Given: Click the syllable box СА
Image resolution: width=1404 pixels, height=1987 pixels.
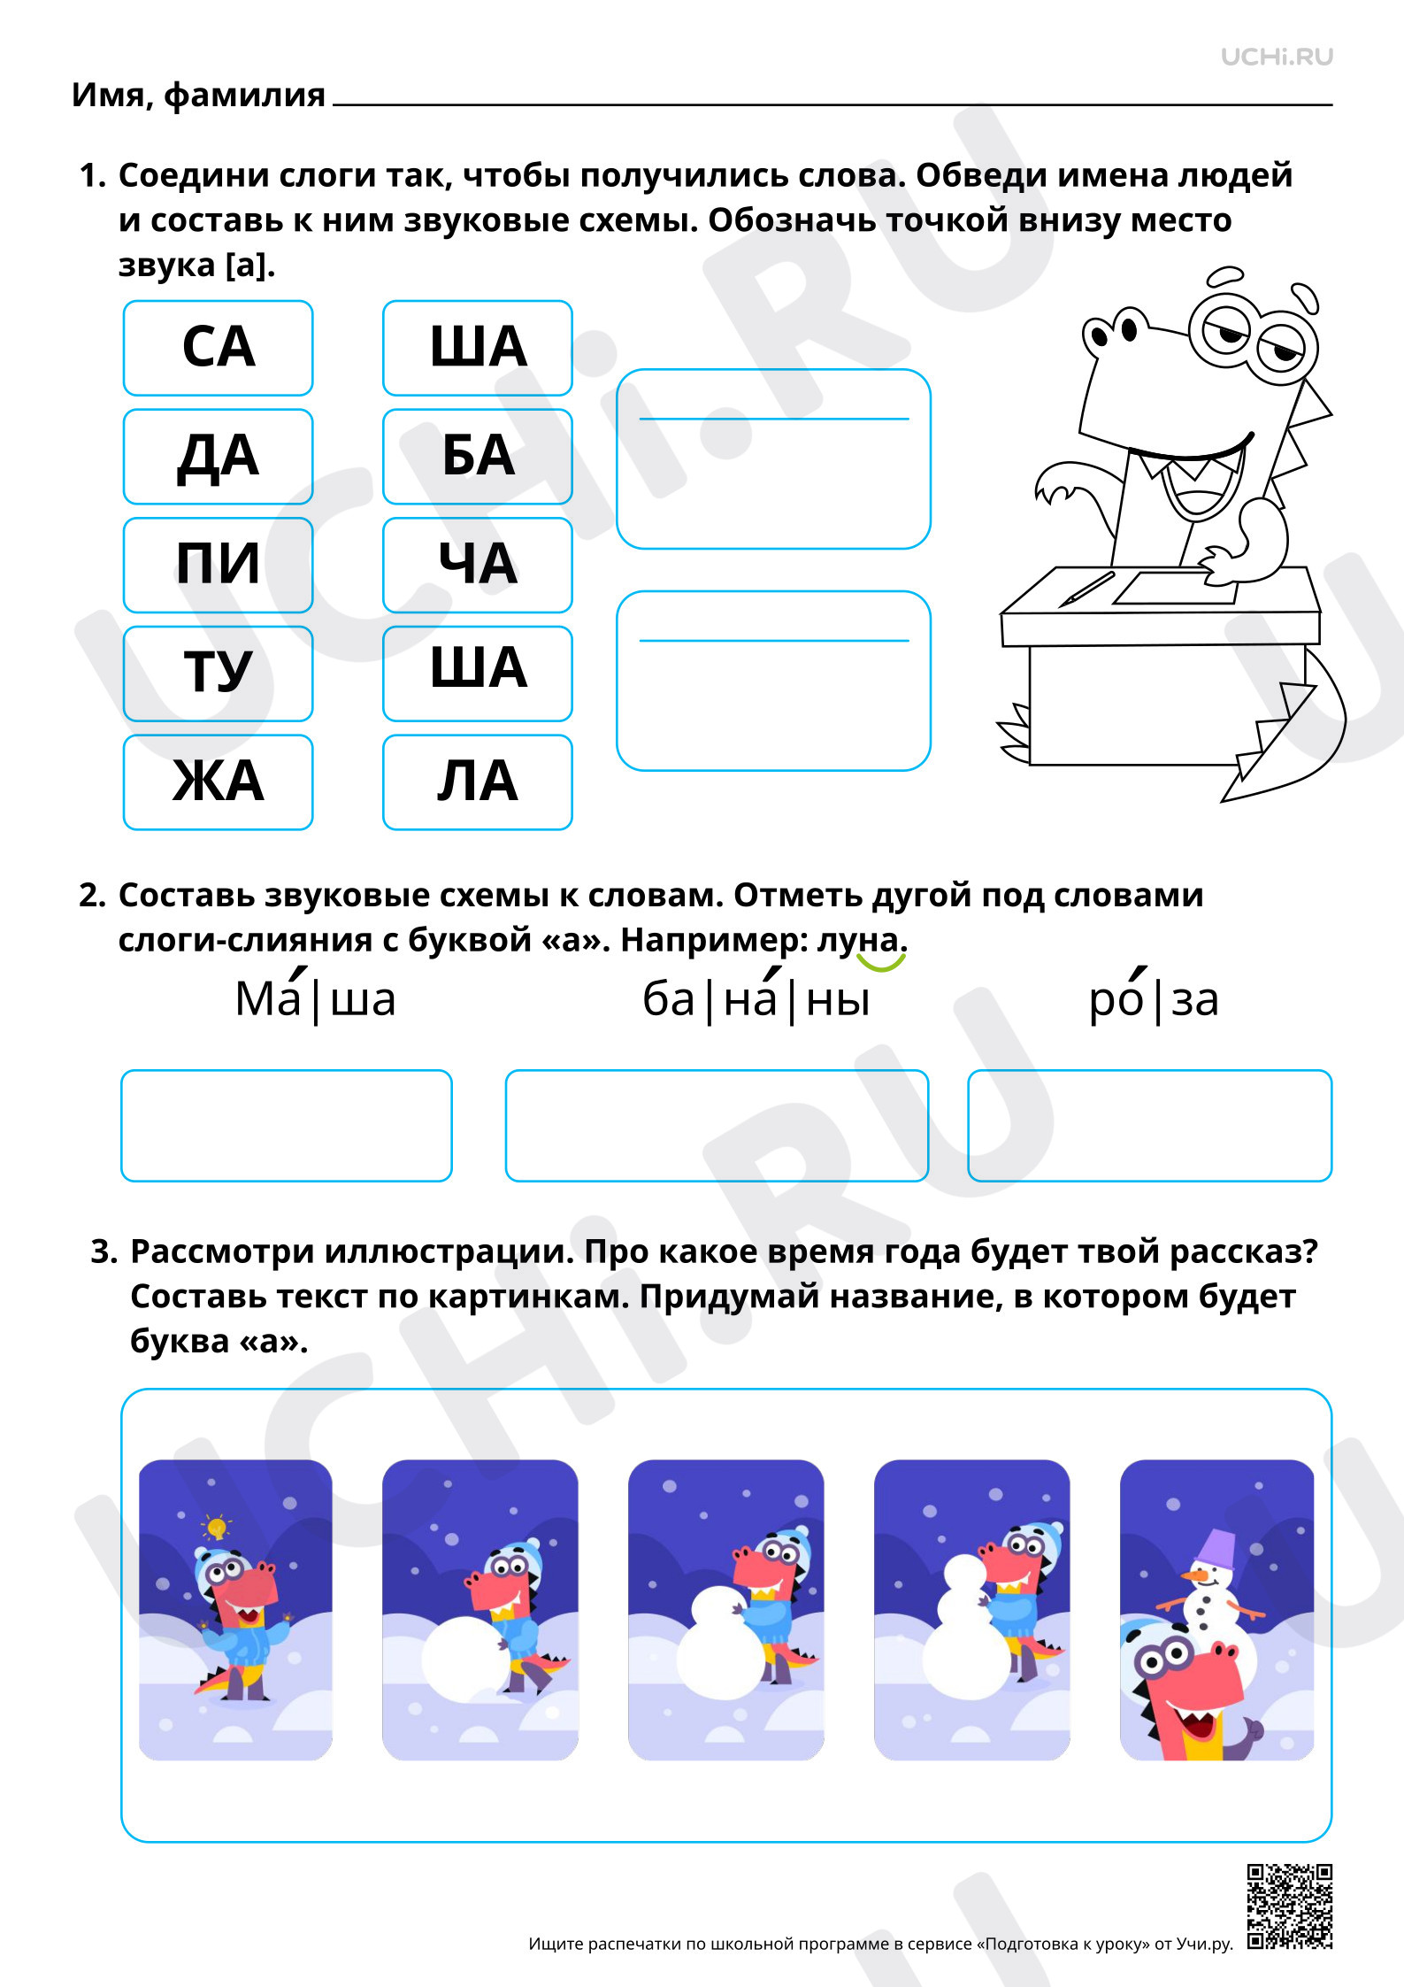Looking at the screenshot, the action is (219, 348).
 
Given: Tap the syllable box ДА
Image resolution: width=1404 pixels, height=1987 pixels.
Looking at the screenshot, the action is (219, 457).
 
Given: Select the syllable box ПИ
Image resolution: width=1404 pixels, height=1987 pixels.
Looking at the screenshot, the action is (219, 565).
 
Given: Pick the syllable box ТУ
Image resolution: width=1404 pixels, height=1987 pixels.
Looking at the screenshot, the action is (219, 674).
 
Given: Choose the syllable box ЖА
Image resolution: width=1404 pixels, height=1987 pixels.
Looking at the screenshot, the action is (219, 782).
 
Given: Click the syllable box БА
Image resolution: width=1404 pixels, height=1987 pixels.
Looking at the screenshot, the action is (478, 457).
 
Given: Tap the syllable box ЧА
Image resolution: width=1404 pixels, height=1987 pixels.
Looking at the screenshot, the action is (478, 565).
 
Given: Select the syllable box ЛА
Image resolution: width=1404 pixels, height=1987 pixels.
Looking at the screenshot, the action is (478, 782).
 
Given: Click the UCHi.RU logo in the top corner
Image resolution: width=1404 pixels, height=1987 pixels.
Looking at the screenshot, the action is (1277, 58).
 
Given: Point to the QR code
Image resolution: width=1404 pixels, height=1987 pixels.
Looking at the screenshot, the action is (1289, 1906).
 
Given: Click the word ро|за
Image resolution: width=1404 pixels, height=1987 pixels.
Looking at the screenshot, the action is (1154, 997).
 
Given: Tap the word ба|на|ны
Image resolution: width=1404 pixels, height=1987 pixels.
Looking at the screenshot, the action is (756, 997).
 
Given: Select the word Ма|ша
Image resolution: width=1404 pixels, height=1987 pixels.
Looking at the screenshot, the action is (315, 997).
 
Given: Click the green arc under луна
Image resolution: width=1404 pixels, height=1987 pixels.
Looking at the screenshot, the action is (881, 963).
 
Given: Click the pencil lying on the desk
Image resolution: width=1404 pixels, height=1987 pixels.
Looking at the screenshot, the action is (1087, 588).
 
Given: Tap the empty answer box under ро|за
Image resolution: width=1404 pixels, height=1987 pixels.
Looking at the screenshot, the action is (1149, 1125).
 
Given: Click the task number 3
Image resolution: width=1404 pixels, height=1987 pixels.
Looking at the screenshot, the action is (104, 1252).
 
